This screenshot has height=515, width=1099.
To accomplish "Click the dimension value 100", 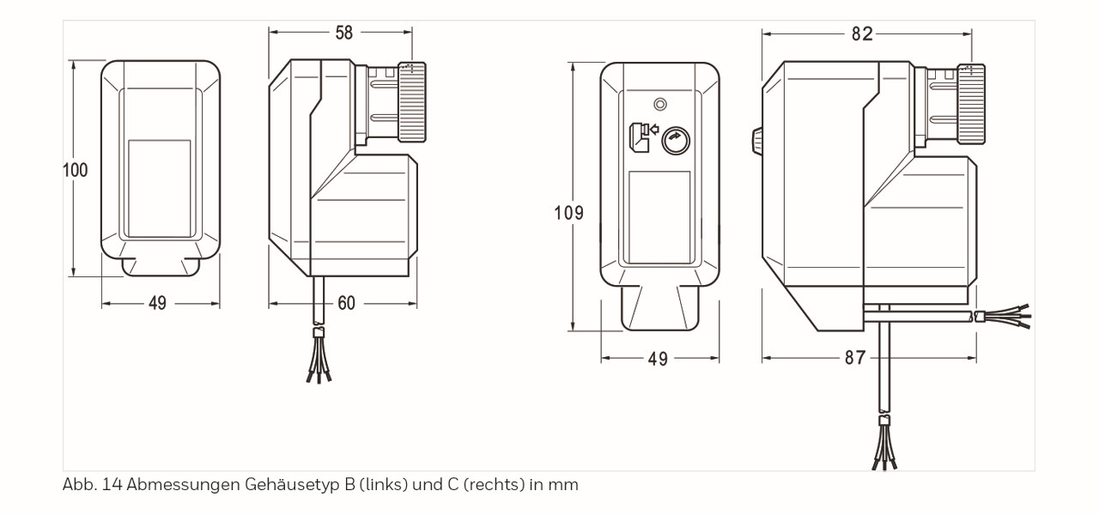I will coord(76,170).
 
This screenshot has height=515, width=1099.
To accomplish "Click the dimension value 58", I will coord(343,33).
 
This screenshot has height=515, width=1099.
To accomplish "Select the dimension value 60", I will coord(345,303).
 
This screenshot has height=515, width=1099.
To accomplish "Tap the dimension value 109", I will coord(568,212).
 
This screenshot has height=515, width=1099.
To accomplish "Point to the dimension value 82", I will coord(862,33).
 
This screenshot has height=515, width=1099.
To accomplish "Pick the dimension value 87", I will coord(855,358).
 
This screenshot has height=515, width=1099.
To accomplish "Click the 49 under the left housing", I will coord(157,303).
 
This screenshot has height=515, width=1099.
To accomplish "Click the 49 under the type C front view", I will coord(658,359).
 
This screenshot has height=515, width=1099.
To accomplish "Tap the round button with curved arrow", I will coord(677,139).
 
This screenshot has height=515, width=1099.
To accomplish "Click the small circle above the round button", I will coord(659,104).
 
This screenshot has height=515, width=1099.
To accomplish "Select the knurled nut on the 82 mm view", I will coord(971,105).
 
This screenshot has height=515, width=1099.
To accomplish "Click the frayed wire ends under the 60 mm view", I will coord(319,365).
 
